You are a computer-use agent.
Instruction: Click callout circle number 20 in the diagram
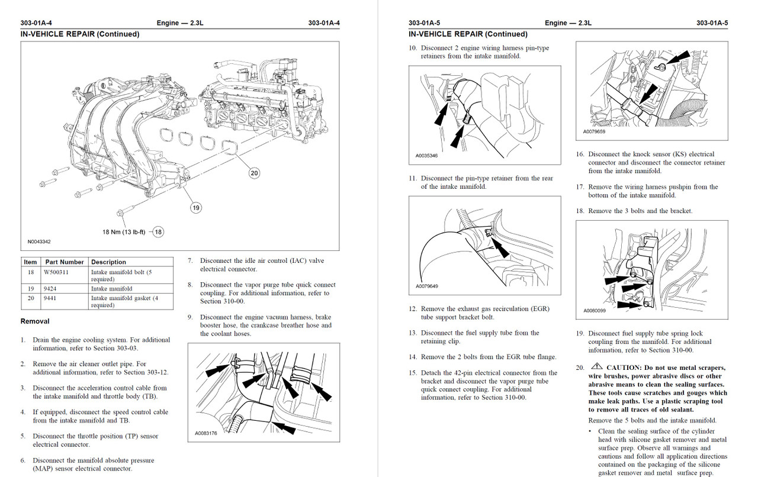(254, 173)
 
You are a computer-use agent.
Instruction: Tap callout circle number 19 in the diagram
(196, 207)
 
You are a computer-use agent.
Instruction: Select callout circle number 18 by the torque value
(158, 232)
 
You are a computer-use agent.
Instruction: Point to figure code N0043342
(39, 242)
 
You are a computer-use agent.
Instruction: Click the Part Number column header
(64, 262)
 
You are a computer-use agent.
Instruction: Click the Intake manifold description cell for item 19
(111, 289)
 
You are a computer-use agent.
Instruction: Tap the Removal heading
(35, 321)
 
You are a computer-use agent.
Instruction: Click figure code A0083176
(207, 434)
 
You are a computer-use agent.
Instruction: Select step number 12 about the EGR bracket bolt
(413, 309)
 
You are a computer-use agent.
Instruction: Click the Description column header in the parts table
(108, 262)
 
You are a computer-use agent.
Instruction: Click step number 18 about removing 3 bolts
(580, 211)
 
